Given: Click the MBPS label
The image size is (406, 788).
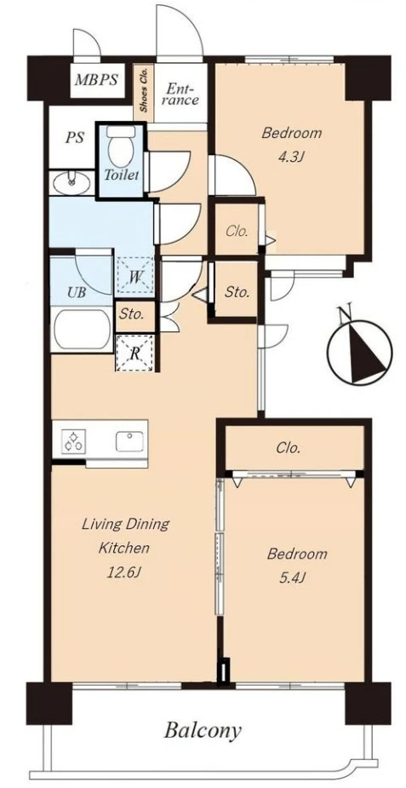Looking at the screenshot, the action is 96,80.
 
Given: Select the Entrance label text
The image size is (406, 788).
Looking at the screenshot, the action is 181,95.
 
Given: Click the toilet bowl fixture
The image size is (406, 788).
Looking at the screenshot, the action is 121,145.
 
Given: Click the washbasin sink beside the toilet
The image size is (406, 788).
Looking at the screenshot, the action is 71,183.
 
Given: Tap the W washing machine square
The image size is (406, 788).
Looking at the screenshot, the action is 134,276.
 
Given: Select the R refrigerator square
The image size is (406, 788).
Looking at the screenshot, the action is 134,353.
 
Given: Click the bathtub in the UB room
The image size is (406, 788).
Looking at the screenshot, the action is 83,329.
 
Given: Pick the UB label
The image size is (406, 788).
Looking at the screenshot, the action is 77,292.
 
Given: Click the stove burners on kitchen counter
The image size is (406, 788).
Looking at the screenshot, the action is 74,441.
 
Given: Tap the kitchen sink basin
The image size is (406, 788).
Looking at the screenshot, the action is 129,441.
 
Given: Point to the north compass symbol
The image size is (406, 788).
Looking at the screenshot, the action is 360,349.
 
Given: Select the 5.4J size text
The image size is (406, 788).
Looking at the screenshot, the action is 292,578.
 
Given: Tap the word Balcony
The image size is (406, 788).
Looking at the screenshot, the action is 203,731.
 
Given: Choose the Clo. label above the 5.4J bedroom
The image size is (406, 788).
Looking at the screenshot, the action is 289,447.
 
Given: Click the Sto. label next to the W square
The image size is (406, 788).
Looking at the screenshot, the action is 132,315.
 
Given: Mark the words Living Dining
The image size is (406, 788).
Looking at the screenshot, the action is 125,524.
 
